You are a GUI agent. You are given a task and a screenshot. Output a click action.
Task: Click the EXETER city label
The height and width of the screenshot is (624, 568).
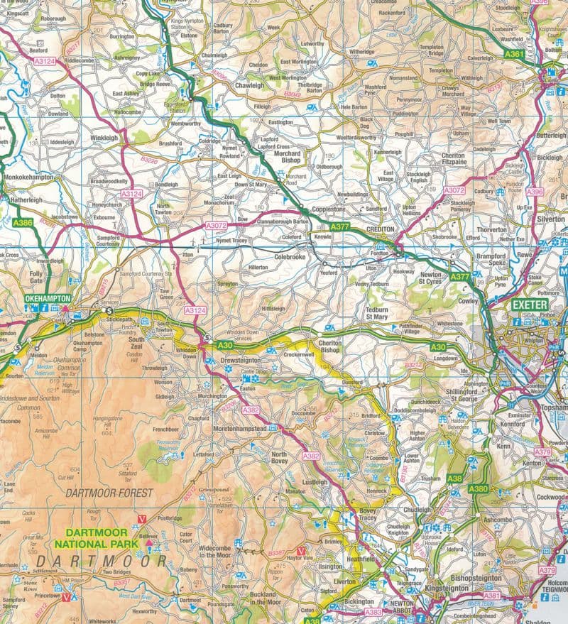[530, 305]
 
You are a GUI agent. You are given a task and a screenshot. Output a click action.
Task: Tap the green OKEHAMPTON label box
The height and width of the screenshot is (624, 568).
[48, 298]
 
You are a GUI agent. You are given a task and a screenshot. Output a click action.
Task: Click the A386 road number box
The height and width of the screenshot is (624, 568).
[22, 223]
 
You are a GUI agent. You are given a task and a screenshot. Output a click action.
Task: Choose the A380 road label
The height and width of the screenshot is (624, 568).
[479, 488]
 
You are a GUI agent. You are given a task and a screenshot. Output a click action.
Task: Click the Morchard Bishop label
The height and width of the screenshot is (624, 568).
[288, 158]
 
